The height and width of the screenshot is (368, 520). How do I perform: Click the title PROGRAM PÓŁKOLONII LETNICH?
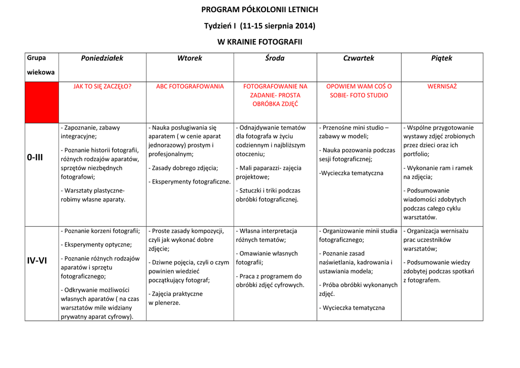tap(259, 9)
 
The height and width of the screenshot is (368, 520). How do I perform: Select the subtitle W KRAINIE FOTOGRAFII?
tap(259, 42)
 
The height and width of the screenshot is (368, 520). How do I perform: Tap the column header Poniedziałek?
tap(102, 58)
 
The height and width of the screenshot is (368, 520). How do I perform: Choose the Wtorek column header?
tap(189, 58)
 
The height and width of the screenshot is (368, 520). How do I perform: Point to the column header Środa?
tap(275, 58)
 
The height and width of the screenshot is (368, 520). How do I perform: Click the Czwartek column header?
tap(359, 58)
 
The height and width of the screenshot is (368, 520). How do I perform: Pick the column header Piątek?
tap(441, 58)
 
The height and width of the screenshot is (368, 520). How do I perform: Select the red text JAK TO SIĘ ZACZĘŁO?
tap(102, 86)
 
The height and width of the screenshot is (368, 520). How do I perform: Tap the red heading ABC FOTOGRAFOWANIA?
tap(190, 86)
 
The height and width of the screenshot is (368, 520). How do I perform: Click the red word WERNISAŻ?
tap(442, 86)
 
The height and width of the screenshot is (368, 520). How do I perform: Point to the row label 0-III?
tap(36, 158)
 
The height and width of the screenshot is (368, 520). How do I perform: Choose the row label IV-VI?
tap(37, 261)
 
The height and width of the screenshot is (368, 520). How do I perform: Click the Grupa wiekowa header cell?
tap(41, 65)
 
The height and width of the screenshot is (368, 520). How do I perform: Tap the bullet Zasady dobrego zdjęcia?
tap(184, 168)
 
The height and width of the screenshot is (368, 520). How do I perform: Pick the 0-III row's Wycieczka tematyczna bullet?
tap(351, 173)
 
